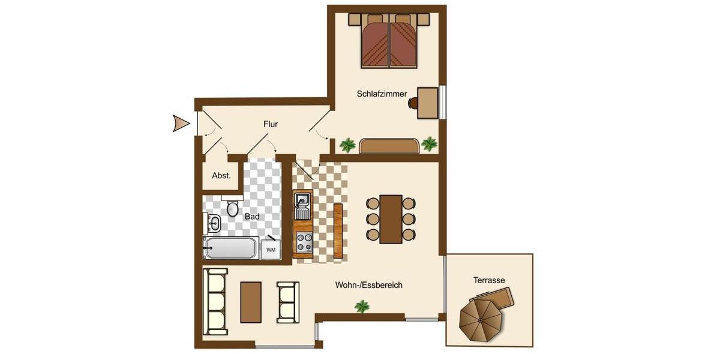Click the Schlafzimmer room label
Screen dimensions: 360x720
[x=382, y=94]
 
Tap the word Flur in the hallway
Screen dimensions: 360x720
[x=271, y=124]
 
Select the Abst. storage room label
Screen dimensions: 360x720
[x=221, y=176]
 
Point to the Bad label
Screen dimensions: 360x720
[x=252, y=216]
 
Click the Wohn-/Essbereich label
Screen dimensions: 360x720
[x=368, y=285]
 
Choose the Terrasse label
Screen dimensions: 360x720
[x=489, y=280]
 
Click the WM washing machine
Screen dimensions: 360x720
[x=271, y=249]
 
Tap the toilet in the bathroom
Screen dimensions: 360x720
[x=233, y=208]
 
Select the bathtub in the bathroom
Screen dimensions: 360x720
[x=231, y=248]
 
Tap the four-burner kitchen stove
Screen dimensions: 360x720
[x=304, y=241]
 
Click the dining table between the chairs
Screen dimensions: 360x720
[x=391, y=219]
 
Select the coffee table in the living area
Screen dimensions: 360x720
[x=251, y=302]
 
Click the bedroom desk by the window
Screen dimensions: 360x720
[x=427, y=103]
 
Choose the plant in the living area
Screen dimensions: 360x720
[x=362, y=307]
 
